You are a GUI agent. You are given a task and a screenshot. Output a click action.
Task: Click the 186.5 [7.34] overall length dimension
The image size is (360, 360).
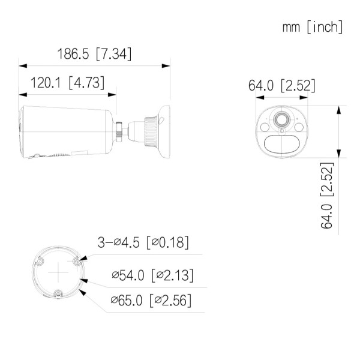click(x=94, y=53)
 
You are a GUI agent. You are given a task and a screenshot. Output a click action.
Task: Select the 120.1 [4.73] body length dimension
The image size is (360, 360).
click(x=67, y=83)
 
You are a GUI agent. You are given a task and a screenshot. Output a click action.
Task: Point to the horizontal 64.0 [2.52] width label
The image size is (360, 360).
click(x=281, y=86)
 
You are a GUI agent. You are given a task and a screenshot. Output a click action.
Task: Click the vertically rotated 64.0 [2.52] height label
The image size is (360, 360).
click(x=328, y=195)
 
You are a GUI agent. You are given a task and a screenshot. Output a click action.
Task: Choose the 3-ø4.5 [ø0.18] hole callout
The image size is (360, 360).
click(x=143, y=242)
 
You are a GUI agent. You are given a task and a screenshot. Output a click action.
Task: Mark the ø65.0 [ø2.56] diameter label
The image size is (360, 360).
click(x=151, y=299)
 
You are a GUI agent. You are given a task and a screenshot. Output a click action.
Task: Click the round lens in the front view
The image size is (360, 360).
click(x=280, y=120)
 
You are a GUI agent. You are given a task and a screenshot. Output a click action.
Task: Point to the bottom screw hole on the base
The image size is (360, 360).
click(x=58, y=293)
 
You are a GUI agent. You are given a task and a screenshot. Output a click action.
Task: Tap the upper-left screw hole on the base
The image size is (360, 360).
click(x=39, y=261)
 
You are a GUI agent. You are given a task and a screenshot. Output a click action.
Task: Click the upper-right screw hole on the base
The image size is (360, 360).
click(x=77, y=261)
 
